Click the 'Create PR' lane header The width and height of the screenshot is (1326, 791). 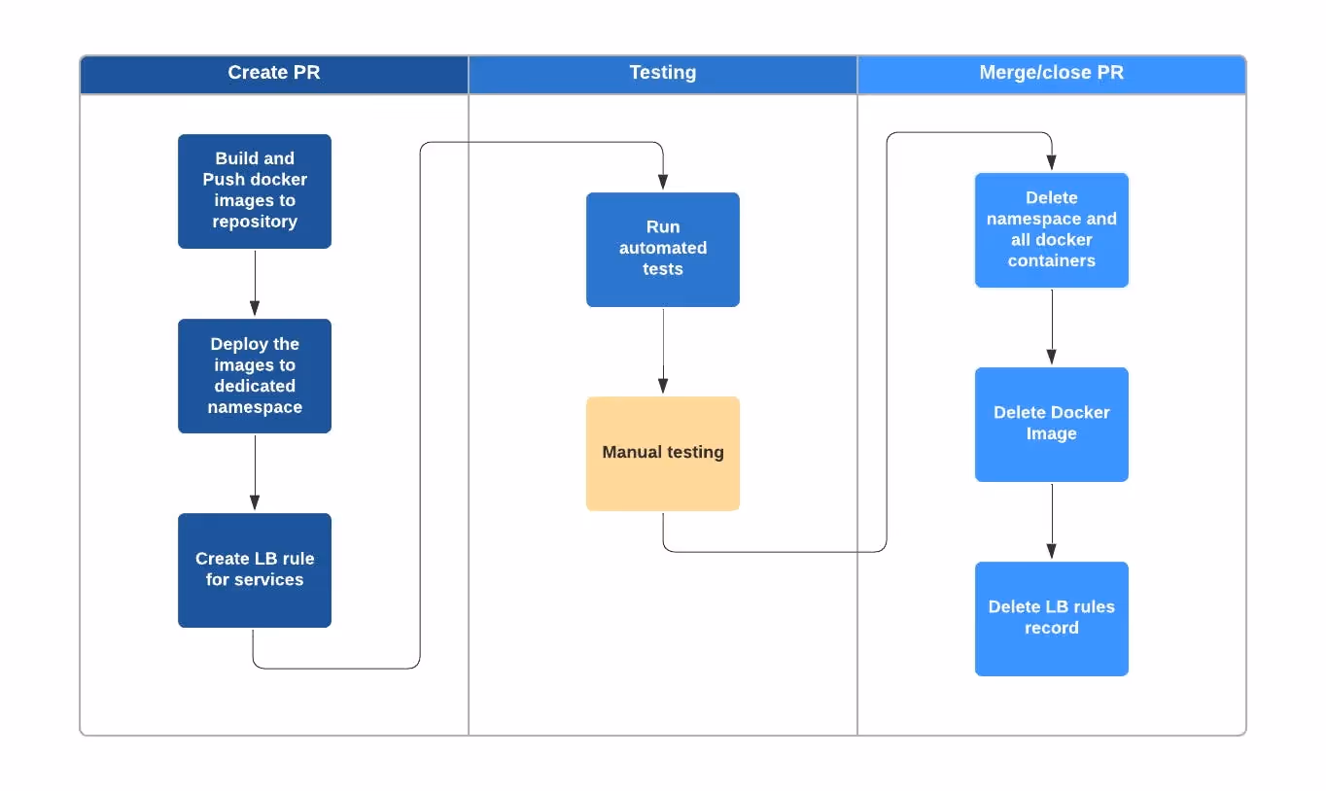pos(273,73)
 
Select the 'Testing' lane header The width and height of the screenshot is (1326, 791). pos(662,73)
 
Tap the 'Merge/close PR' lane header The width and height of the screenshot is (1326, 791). pos(1051,73)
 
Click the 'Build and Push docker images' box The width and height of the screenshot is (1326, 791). pos(254,190)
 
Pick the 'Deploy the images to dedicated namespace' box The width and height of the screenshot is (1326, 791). pos(254,375)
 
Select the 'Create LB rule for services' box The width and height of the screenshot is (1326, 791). pos(254,569)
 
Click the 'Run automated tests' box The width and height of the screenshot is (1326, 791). pos(662,249)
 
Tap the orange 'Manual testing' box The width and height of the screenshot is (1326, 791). pos(662,453)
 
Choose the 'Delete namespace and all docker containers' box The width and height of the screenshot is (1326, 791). pos(1051,229)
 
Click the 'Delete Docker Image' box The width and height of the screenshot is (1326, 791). pos(1051,424)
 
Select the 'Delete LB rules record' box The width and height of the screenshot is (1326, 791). pos(1051,618)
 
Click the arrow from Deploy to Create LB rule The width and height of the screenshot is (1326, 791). pos(255,472)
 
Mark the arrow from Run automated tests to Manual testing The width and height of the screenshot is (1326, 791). pos(663,350)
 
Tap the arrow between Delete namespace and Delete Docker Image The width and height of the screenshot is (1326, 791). pos(1052,327)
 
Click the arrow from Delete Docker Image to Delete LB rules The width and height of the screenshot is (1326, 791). pos(1052,521)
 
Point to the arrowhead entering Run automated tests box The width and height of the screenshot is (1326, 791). pos(663,182)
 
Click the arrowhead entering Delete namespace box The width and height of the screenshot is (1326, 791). pos(1052,162)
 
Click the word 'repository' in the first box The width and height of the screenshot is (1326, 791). pos(255,222)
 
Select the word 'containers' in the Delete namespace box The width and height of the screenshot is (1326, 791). pos(1052,260)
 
